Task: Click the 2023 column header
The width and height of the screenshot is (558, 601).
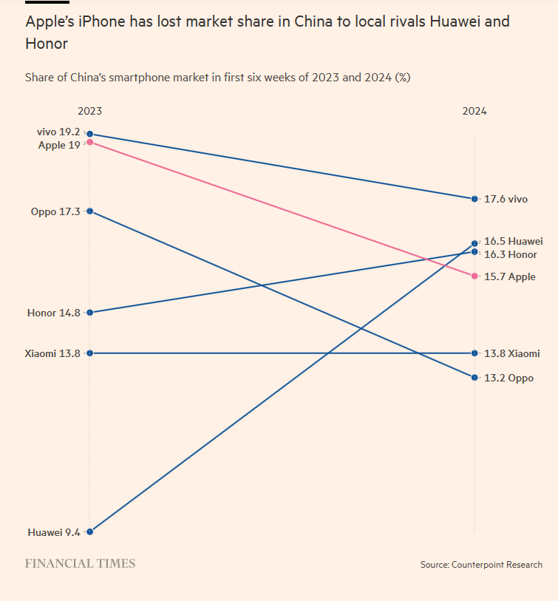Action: (x=89, y=111)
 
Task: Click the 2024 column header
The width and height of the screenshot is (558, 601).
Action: (x=474, y=111)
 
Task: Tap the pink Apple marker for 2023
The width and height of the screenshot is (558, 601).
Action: (x=89, y=142)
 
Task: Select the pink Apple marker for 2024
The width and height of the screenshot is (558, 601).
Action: (x=474, y=276)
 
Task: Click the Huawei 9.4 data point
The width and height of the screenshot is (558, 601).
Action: (x=89, y=532)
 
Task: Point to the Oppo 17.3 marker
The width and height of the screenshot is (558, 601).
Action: (x=89, y=211)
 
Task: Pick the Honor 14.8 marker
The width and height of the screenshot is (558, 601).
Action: (x=89, y=313)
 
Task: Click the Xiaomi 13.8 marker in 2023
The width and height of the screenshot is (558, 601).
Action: (x=89, y=353)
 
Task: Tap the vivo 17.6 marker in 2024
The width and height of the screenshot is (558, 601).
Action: (x=474, y=199)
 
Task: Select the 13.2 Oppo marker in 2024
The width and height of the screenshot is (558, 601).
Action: (x=474, y=378)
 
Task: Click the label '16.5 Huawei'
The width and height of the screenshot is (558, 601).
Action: (x=514, y=241)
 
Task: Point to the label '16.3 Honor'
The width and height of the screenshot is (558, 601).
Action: (x=511, y=254)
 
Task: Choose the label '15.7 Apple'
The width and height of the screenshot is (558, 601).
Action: (x=510, y=276)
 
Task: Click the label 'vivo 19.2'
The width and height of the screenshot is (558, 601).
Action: (x=58, y=132)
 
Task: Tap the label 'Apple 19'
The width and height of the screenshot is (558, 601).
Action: (x=59, y=145)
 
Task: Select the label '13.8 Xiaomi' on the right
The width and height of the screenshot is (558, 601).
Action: (x=511, y=353)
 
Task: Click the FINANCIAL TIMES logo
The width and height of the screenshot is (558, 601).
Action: (x=80, y=563)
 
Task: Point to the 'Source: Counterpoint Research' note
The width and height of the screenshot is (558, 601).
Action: (x=481, y=565)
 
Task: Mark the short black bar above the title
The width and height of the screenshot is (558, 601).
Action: (x=47, y=2)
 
